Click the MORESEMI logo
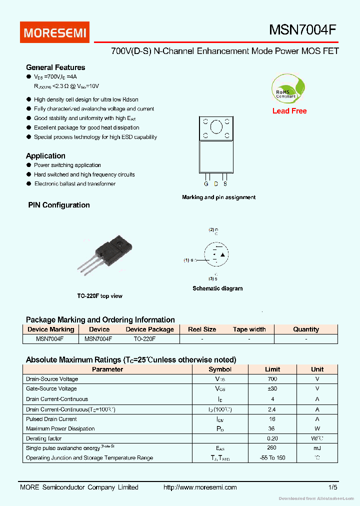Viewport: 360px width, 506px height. pyautogui.click(x=55, y=32)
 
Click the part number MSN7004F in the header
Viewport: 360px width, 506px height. pyautogui.click(x=302, y=30)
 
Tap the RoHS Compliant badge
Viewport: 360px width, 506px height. pyautogui.click(x=286, y=89)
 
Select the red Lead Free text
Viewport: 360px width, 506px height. pyautogui.click(x=289, y=111)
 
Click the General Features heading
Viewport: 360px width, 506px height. pyautogui.click(x=55, y=67)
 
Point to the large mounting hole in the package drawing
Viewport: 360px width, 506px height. pyautogui.click(x=215, y=128)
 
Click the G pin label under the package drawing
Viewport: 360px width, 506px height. pyautogui.click(x=205, y=184)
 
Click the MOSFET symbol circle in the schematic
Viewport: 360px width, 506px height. pyautogui.click(x=217, y=255)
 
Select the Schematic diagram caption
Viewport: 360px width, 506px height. pyautogui.click(x=217, y=288)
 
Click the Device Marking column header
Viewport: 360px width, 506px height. pyautogui.click(x=50, y=329)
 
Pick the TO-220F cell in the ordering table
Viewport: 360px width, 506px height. pyautogui.click(x=144, y=339)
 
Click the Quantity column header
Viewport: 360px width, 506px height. pyautogui.click(x=306, y=329)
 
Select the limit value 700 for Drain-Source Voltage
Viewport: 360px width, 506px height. pyautogui.click(x=272, y=379)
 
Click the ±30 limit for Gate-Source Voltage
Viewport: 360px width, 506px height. pyautogui.click(x=272, y=388)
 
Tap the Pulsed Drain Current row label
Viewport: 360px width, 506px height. pyautogui.click(x=51, y=419)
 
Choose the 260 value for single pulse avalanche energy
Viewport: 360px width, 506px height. pyautogui.click(x=272, y=448)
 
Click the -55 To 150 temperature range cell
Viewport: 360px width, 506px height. pyautogui.click(x=272, y=458)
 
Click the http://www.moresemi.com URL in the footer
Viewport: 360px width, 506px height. pyautogui.click(x=200, y=487)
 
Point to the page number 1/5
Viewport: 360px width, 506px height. pyautogui.click(x=333, y=487)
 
